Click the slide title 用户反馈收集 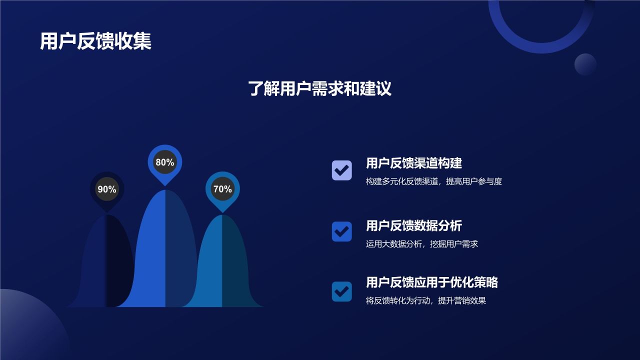click(95, 41)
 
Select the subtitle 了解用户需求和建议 click(319, 88)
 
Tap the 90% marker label click(106, 189)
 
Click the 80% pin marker click(165, 162)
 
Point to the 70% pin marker click(222, 189)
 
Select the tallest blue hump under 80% click(165, 250)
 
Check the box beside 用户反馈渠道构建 click(342, 170)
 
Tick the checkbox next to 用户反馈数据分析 click(342, 231)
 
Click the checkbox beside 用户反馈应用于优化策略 click(342, 291)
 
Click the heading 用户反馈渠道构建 click(413, 163)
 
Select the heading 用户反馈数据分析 click(413, 225)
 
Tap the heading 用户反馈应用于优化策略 click(431, 282)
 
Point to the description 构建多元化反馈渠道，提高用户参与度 click(433, 182)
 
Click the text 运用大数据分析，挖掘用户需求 click(421, 244)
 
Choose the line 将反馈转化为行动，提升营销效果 click(425, 301)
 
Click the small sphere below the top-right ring click(585, 64)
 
